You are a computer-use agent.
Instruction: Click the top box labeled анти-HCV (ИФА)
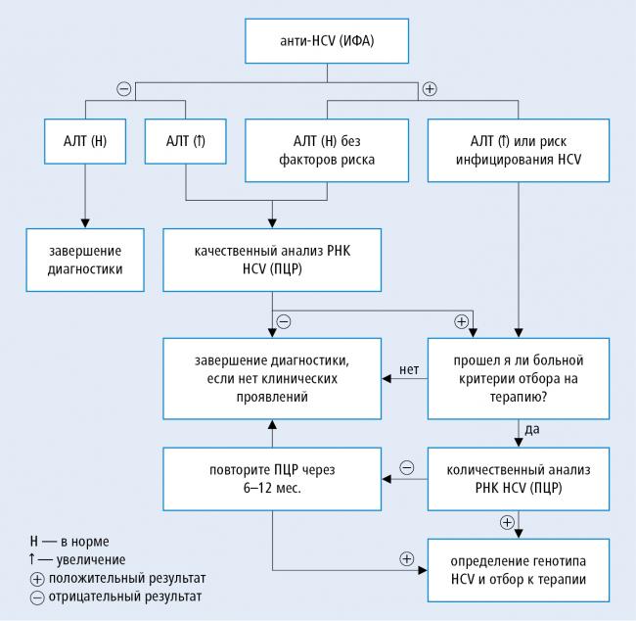pos(327,40)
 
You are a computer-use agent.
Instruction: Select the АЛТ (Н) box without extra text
pos(85,141)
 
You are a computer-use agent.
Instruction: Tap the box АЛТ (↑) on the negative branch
pos(185,141)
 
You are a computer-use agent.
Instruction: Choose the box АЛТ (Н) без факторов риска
pos(327,150)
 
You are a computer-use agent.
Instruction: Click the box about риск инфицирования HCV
pos(519,150)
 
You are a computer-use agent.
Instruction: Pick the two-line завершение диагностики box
pos(85,260)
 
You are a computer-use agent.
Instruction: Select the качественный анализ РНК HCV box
pos(272,260)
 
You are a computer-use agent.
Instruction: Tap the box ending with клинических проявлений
pos(272,378)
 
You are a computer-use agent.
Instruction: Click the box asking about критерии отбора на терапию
pos(519,378)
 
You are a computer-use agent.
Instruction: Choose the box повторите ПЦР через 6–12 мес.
pos(272,479)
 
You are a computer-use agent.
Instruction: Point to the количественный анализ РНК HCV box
pos(519,479)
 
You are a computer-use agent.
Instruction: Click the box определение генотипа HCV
pos(519,570)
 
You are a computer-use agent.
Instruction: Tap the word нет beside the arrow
pos(409,369)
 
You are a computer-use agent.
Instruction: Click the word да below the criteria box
pos(532,429)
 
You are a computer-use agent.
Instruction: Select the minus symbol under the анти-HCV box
pos(123,88)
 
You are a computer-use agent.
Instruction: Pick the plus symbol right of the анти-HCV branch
pos(430,88)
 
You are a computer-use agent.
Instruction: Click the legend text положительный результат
pos(127,578)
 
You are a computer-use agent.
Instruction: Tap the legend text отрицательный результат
pos(125,597)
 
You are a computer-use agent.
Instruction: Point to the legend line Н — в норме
pos(69,542)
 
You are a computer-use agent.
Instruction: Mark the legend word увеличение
pos(91,560)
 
